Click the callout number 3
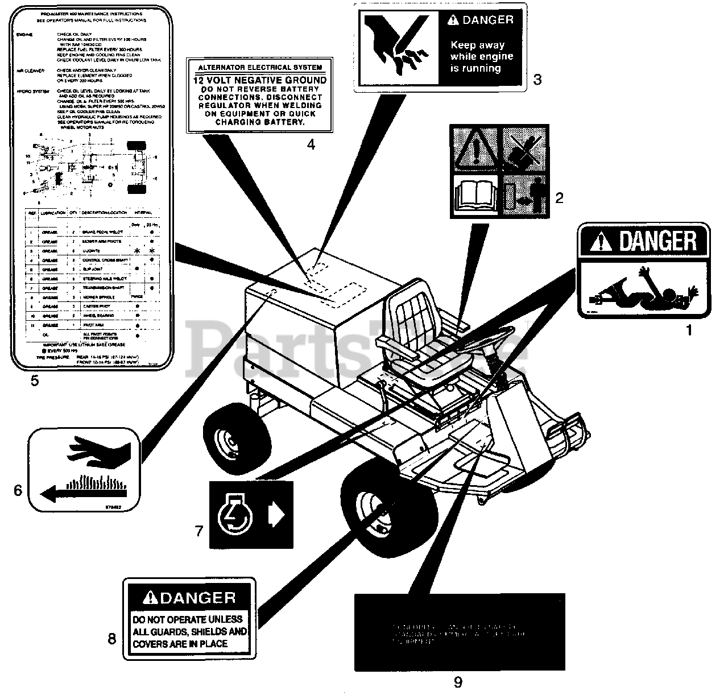[537, 80]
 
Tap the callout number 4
[311, 144]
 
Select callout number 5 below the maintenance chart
[35, 381]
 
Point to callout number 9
[458, 681]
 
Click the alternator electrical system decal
[260, 95]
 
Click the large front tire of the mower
[388, 509]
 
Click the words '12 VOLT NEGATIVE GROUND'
[260, 81]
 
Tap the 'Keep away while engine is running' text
[481, 56]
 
